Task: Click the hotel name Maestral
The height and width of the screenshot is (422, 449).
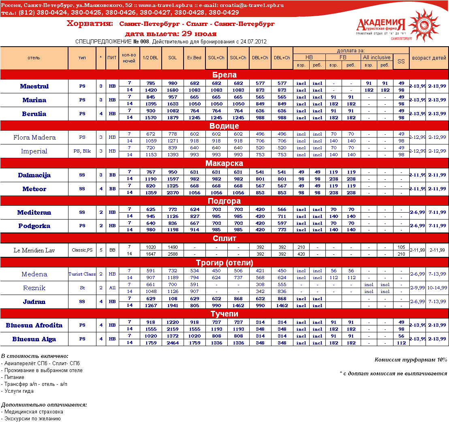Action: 34,86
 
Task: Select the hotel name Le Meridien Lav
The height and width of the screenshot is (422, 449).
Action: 34,250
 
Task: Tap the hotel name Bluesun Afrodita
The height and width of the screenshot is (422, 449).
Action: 34,325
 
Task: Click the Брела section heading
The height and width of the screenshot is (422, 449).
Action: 224,75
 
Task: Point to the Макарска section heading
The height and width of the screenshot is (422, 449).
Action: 224,163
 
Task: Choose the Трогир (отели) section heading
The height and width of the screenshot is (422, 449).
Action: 224,263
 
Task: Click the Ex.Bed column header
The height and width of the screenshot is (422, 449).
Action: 194,58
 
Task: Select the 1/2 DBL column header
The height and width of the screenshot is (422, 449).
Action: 150,58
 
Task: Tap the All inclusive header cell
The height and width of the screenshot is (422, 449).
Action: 377,57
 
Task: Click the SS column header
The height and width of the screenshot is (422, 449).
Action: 401,61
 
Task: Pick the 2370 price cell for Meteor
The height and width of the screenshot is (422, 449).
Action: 172,193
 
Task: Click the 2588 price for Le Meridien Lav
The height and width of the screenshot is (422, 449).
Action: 172,254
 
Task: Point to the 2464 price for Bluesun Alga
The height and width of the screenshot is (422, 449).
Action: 172,343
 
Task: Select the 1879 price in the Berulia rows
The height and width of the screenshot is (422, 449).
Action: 172,118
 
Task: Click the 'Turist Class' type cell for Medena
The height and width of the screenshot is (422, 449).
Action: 82,274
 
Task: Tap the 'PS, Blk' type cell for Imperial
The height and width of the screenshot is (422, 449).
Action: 82,151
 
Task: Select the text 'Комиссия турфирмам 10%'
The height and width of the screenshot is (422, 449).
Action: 411,360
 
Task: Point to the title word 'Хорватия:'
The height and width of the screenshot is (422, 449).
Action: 90,24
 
